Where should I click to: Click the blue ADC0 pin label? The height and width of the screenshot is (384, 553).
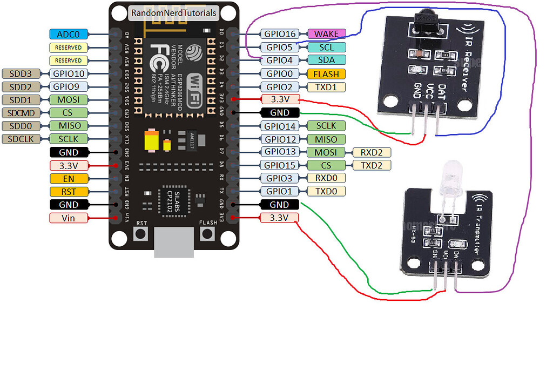tap(69, 35)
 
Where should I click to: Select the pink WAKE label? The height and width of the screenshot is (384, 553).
tap(326, 34)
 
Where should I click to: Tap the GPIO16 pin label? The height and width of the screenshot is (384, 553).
tap(280, 34)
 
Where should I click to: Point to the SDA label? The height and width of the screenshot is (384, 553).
tap(326, 60)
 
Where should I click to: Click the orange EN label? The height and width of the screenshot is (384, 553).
tap(69, 178)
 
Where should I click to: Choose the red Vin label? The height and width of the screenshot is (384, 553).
tap(69, 218)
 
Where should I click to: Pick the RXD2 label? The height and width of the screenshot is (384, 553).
tap(372, 152)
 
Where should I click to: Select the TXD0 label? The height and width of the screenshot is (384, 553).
tap(326, 191)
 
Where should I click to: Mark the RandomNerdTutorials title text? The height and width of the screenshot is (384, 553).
tap(174, 12)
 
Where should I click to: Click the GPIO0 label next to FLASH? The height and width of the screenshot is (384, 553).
tap(280, 73)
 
